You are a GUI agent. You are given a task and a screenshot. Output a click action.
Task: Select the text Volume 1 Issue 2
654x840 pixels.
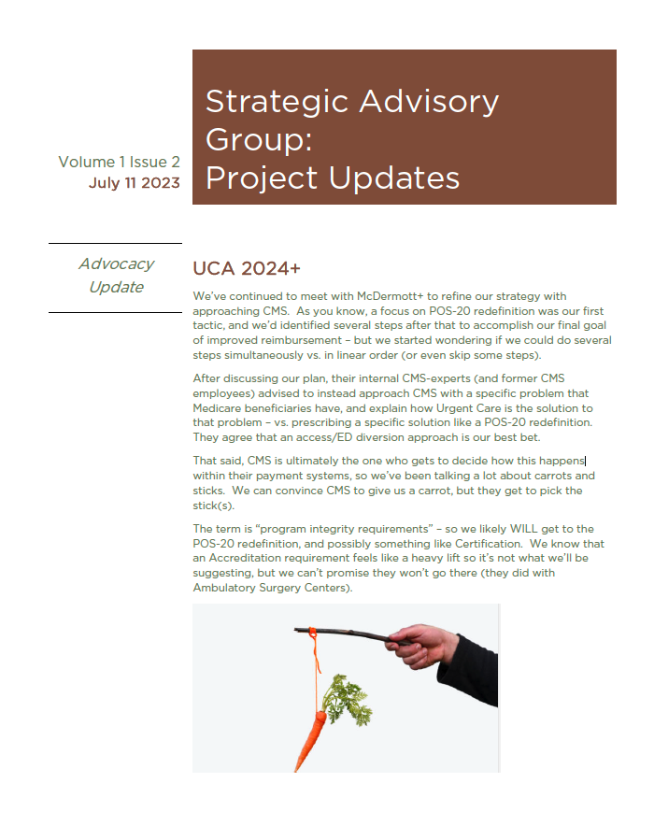[x=119, y=162]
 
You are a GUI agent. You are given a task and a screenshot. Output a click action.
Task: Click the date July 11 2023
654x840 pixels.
[x=134, y=183]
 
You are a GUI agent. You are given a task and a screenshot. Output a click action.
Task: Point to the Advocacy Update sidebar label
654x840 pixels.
[x=116, y=276]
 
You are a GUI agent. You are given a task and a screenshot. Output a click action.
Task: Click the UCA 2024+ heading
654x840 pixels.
[x=247, y=269]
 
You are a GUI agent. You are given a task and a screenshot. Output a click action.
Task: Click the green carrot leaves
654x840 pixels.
[x=345, y=702]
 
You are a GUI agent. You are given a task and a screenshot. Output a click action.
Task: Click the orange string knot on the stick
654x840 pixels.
[x=317, y=633]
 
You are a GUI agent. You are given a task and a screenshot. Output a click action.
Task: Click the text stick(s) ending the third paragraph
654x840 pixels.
[x=214, y=505]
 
